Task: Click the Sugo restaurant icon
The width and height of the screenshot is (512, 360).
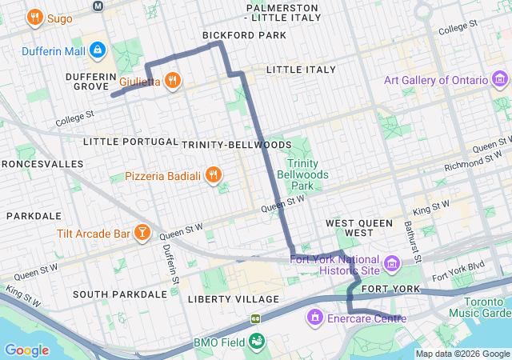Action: point(34,17)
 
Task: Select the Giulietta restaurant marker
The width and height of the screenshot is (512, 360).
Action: point(173,81)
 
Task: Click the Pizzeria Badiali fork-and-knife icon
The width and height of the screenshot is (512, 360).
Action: point(213,175)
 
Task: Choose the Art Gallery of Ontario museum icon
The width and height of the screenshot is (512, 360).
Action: point(500,80)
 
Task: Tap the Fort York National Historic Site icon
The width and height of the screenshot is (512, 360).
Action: point(392,263)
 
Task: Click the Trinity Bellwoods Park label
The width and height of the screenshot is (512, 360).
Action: point(298,174)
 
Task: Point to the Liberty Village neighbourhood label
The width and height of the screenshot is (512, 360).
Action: point(235,299)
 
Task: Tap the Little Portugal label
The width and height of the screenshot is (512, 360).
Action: point(130,142)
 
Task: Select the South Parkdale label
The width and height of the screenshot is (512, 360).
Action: point(120,294)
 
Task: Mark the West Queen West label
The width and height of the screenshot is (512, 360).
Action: point(359,227)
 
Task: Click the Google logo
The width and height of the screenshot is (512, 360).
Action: point(27,350)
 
